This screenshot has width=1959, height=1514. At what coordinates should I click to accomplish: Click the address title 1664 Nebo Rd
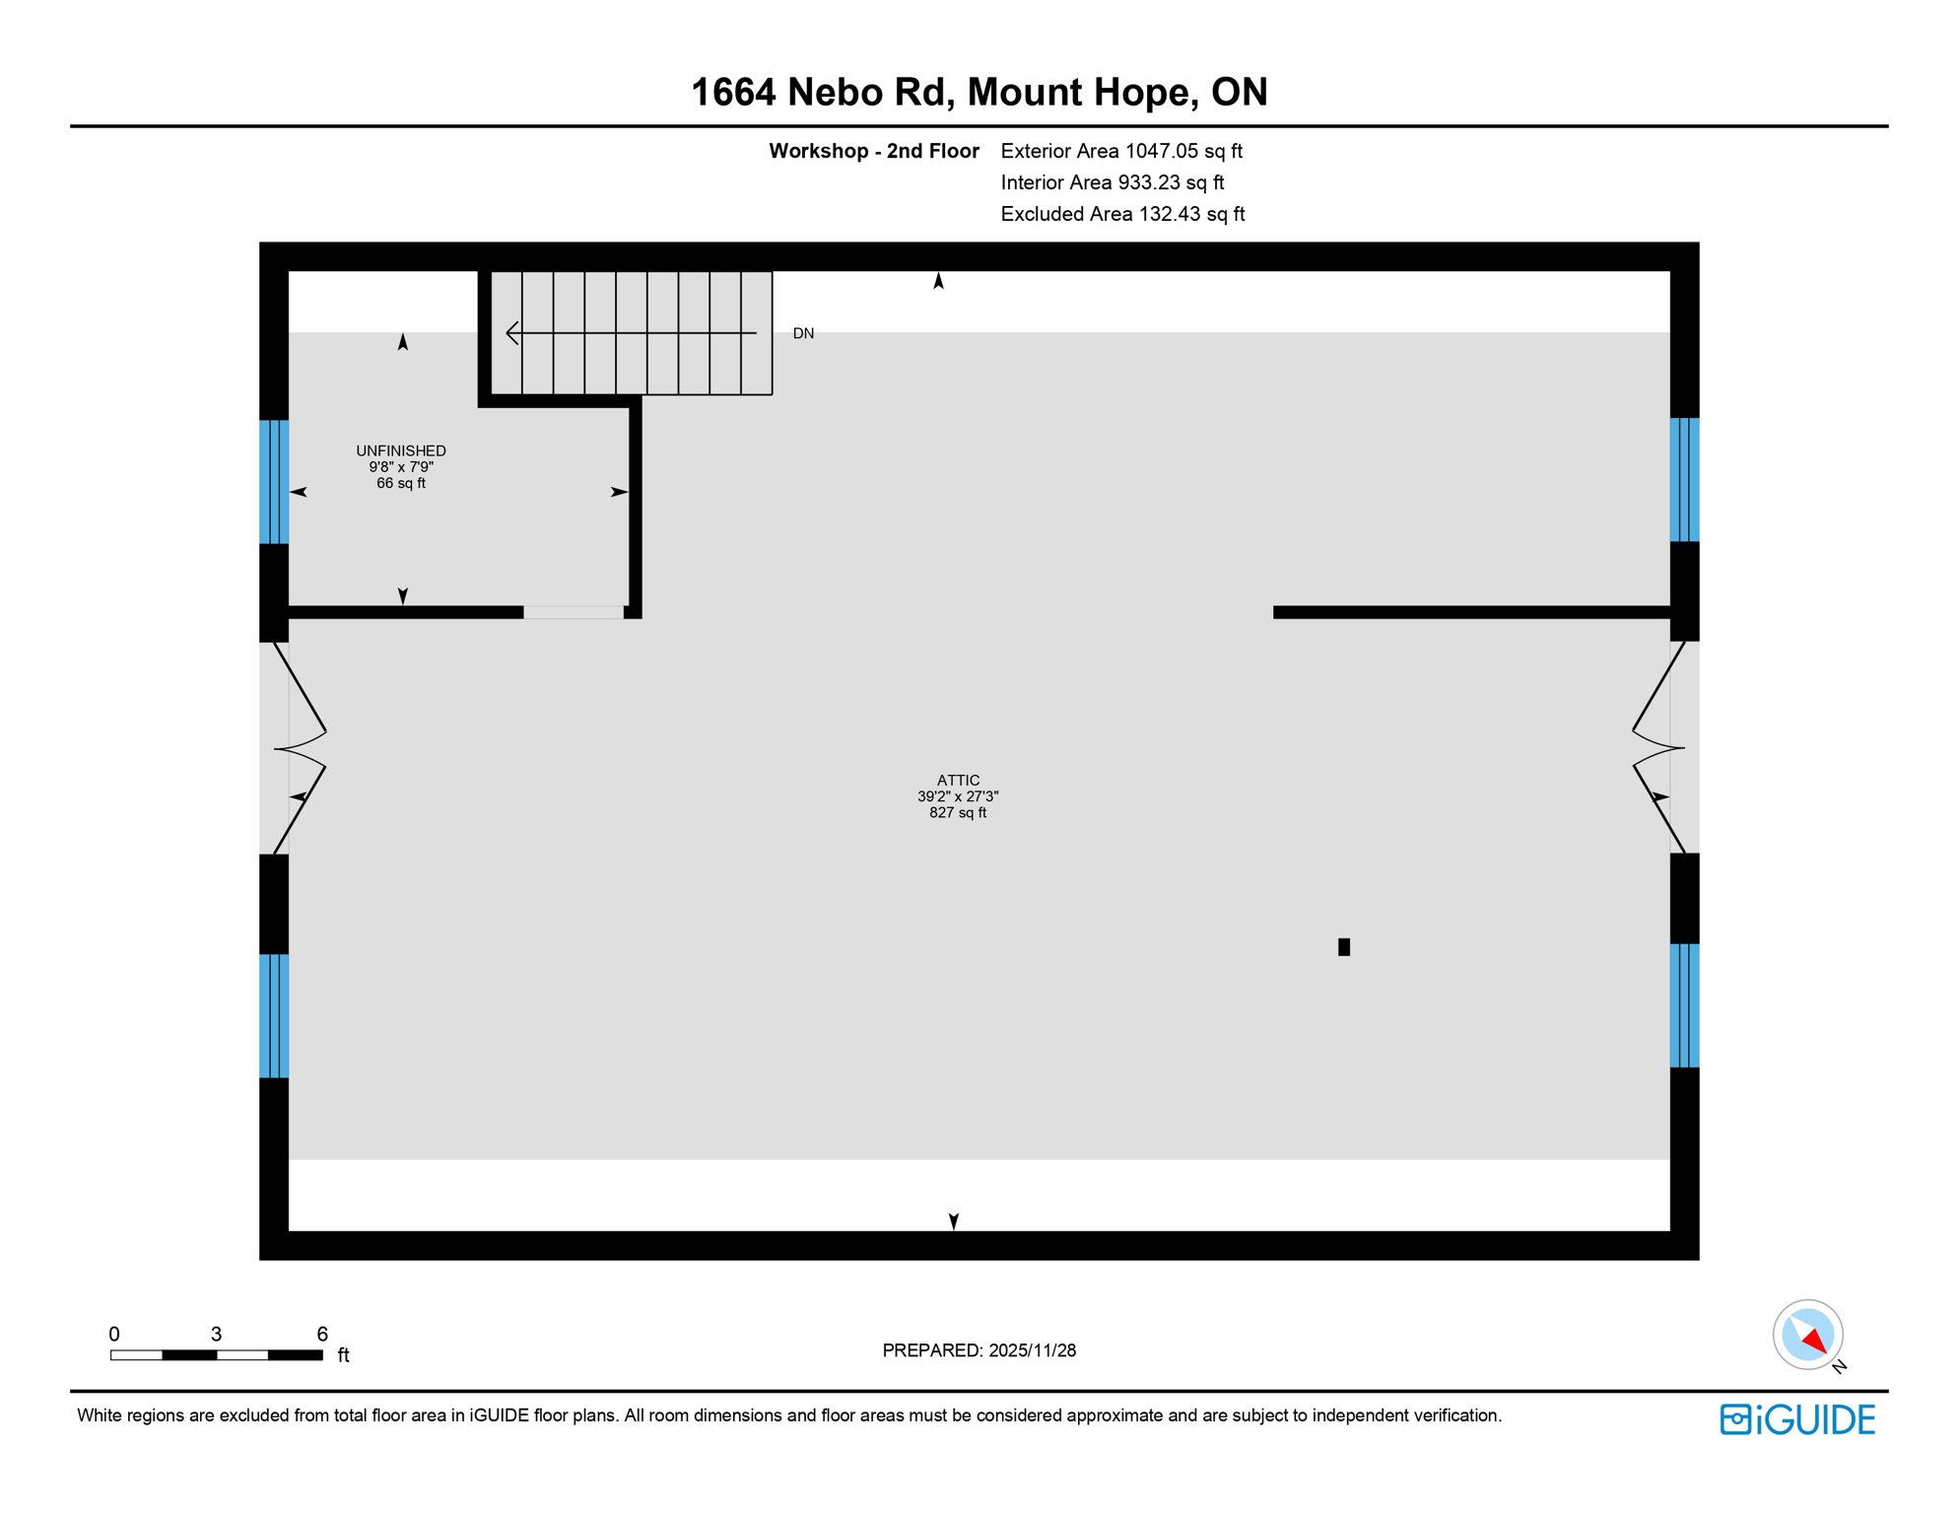pos(979,93)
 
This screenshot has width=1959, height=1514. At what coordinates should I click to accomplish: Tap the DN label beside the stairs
pos(803,334)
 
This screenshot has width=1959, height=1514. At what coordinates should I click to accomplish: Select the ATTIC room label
pos(958,781)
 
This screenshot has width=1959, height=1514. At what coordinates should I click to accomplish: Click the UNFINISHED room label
pos(401,451)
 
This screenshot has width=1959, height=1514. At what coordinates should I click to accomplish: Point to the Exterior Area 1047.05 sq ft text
pos(1121,152)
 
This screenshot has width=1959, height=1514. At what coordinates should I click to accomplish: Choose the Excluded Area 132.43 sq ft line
pos(1122,215)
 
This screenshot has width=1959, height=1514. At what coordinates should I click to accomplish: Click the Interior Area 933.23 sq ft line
pos(1112,183)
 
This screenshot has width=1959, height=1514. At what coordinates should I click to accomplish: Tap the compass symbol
pos(1807,1335)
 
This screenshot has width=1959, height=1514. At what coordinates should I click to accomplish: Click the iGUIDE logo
pos(1797,1419)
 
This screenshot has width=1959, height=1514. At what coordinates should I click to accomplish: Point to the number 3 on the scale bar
pos(216,1335)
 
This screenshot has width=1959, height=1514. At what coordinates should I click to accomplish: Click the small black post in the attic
pos(1344,947)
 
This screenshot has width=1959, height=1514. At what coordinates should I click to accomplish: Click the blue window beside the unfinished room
pos(274,482)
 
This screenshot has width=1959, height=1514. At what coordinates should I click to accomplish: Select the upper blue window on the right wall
pos(1684,480)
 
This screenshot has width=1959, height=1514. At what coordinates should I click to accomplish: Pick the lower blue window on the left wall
pos(274,1016)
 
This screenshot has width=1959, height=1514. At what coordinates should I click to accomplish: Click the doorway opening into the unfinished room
pos(574,612)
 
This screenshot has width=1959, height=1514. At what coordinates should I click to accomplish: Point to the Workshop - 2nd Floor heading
pos(874,152)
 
